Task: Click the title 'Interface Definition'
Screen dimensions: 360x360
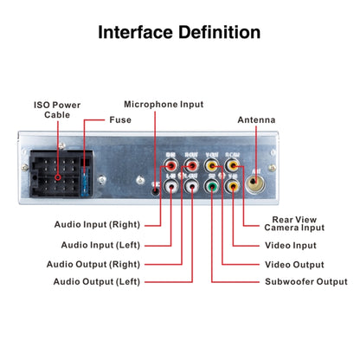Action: tap(179, 33)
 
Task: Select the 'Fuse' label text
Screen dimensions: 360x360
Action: tap(119, 119)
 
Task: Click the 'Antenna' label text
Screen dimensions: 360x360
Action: tap(256, 119)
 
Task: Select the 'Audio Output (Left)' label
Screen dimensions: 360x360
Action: tap(98, 282)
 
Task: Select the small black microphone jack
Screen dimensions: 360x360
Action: tap(156, 184)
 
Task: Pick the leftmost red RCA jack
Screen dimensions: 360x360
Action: tap(171, 162)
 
